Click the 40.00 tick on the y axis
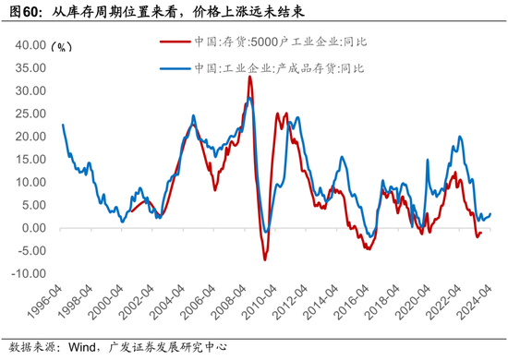pos(29,44)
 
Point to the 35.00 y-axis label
pos(29,67)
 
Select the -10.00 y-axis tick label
pos(27,274)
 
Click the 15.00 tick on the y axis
pos(29,159)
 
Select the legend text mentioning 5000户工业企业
pos(268,42)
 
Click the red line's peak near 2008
pos(249,77)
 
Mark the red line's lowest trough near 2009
pos(264,259)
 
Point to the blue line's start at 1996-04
pos(63,125)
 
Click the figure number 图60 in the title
pos(27,13)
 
